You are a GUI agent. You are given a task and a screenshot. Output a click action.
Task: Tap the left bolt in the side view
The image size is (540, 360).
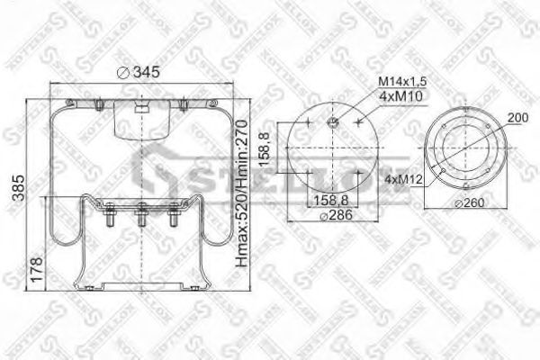pos(110,218)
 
